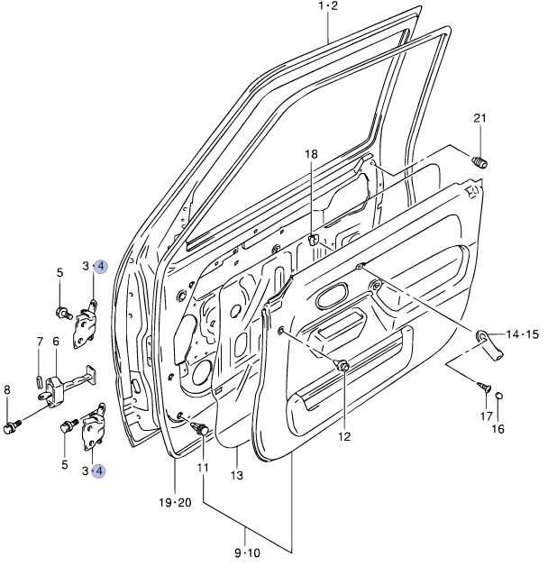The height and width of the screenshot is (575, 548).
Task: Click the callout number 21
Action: tap(479, 118)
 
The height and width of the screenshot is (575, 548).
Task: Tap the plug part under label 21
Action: tap(479, 162)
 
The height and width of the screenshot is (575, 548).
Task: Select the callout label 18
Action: tap(311, 154)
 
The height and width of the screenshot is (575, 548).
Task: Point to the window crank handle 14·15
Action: tap(489, 344)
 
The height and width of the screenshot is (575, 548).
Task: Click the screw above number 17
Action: tap(485, 387)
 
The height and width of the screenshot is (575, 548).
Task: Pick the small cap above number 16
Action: tap(498, 395)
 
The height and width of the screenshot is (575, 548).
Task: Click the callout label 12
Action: tap(345, 436)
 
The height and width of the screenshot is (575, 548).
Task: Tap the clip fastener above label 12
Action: tap(342, 365)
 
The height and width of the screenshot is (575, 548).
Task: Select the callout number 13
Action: tap(237, 475)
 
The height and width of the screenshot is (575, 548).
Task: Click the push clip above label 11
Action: tap(200, 428)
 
